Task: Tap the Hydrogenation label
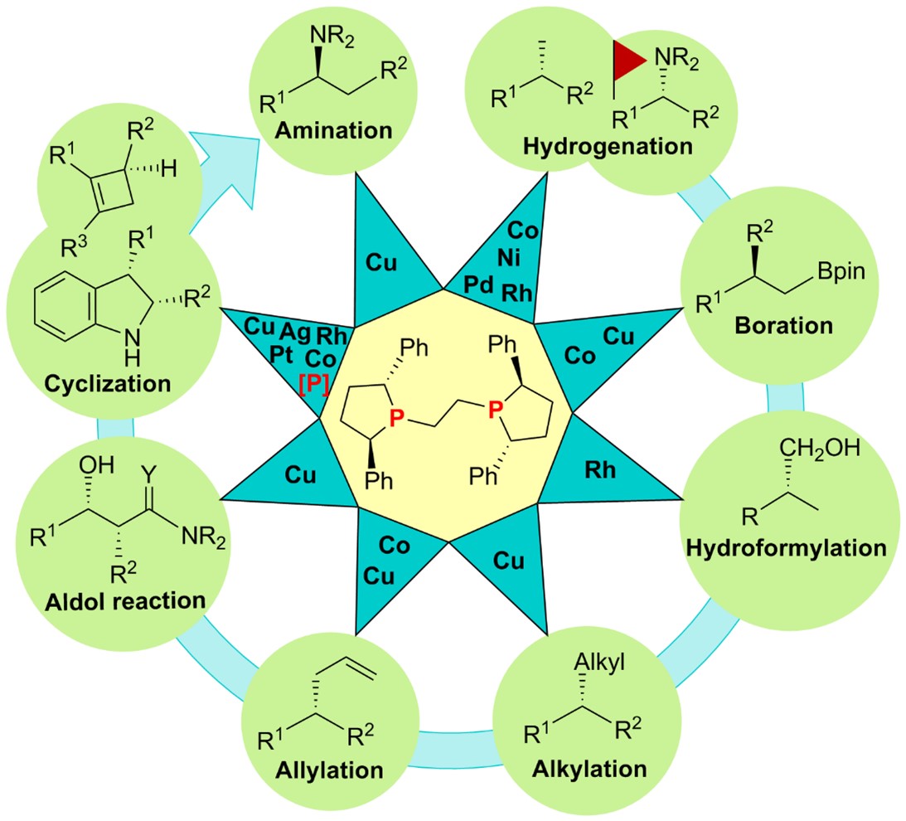coord(608,147)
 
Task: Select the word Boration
coord(783,325)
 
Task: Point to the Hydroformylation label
coord(786,548)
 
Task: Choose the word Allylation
coord(329,769)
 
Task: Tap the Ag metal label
coord(293,332)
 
